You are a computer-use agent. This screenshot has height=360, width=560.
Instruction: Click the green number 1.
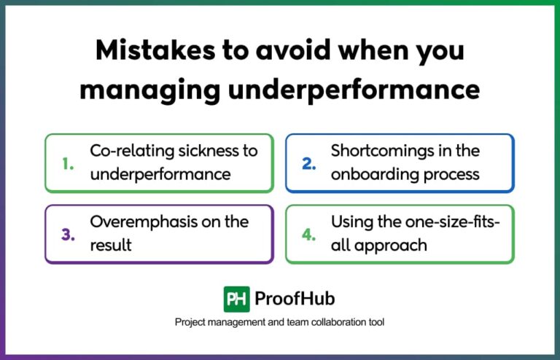tap(67, 165)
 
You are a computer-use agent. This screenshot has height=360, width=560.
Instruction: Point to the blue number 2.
tap(308, 165)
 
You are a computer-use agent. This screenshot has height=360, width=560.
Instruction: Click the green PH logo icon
tap(236, 300)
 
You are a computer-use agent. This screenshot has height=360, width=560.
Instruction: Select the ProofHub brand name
tap(295, 300)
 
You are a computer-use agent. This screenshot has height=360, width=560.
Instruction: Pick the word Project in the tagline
tap(191, 322)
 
